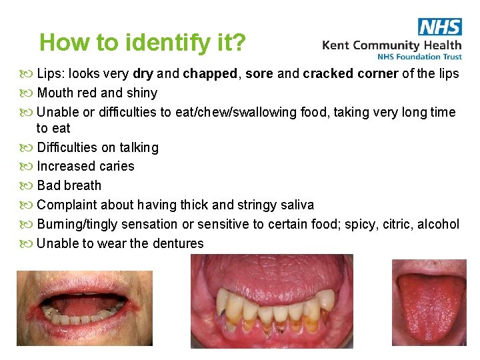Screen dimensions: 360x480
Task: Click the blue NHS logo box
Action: (440, 27)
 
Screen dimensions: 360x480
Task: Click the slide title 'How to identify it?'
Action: (143, 43)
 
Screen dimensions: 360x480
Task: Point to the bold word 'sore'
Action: (259, 73)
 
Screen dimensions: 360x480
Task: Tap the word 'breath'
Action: (83, 185)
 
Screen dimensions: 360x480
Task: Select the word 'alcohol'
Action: (438, 224)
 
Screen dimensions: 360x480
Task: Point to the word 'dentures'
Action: (178, 243)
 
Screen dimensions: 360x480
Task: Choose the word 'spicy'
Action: (361, 224)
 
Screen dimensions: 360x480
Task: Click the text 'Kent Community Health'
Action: (391, 45)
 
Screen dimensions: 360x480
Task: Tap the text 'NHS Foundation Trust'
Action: (419, 57)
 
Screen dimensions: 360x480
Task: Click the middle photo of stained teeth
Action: (271, 301)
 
